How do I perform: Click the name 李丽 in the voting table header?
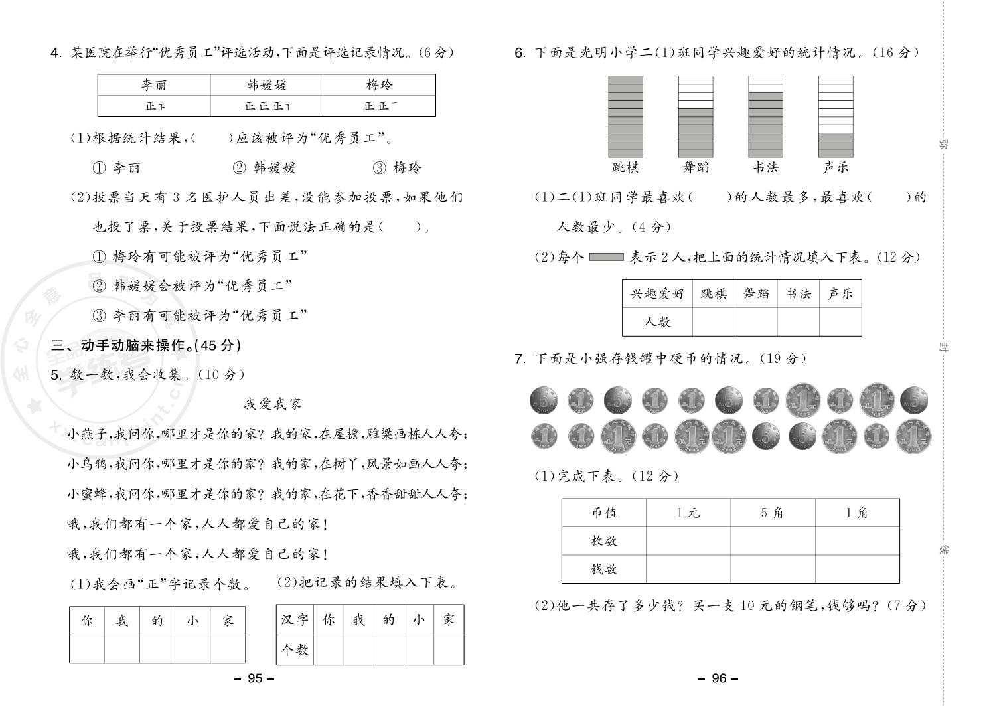(x=154, y=85)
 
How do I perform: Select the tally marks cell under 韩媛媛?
(x=267, y=106)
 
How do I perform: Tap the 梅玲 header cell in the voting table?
(x=379, y=85)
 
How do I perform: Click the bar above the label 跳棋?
(x=625, y=117)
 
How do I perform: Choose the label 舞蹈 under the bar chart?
(x=695, y=167)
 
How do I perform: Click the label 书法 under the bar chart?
(x=765, y=167)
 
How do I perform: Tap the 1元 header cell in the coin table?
(x=688, y=513)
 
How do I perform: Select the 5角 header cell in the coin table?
(x=772, y=513)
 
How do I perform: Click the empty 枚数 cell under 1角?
(x=857, y=540)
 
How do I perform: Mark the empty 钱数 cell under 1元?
(x=688, y=569)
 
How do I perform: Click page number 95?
(x=256, y=678)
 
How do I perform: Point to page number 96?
(x=720, y=678)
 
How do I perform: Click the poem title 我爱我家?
(x=272, y=404)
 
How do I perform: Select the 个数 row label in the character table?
(x=294, y=649)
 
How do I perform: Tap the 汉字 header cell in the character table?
(x=294, y=620)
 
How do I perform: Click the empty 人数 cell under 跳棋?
(x=714, y=322)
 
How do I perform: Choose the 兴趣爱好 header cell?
(x=657, y=293)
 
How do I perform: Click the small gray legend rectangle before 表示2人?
(x=606, y=257)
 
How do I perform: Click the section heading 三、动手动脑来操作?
(x=146, y=345)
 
